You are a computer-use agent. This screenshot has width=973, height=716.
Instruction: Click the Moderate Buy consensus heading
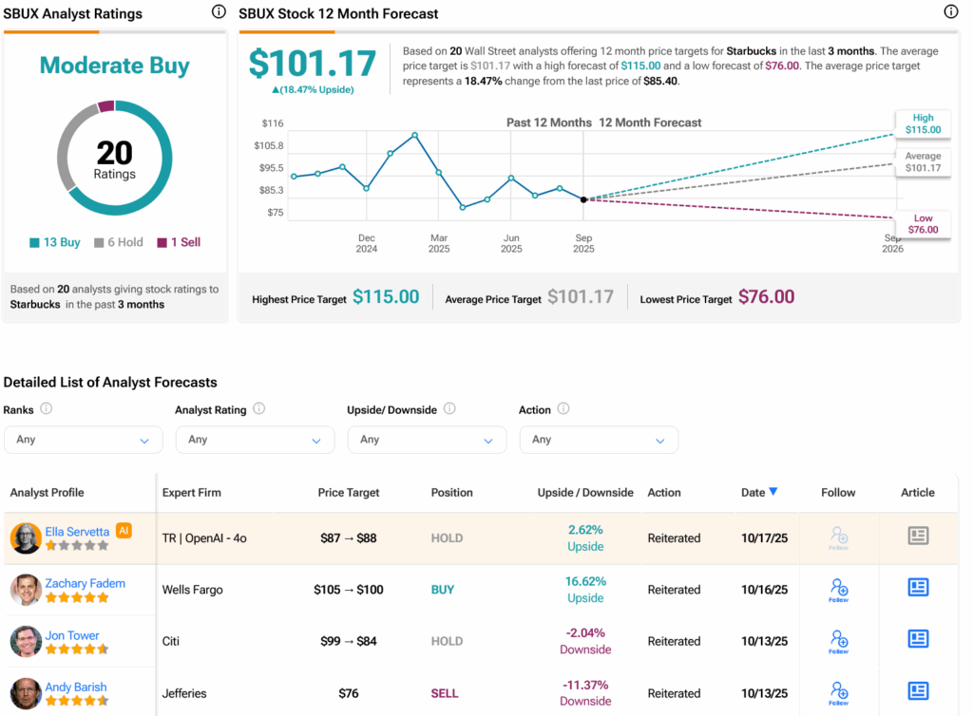(x=114, y=66)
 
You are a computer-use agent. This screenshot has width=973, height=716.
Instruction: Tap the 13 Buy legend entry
(x=55, y=242)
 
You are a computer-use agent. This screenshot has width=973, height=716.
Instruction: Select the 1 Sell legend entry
(x=179, y=242)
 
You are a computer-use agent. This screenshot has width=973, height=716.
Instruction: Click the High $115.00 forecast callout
(x=923, y=123)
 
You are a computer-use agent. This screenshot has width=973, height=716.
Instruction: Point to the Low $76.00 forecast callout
(x=923, y=223)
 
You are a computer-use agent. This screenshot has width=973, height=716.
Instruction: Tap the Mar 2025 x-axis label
(x=439, y=243)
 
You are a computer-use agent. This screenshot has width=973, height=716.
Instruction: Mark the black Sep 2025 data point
(x=583, y=199)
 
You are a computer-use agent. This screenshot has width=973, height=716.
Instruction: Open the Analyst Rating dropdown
(x=255, y=440)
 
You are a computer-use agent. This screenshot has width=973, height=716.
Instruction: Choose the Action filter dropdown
(x=599, y=440)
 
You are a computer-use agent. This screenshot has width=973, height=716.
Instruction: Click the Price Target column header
(x=349, y=493)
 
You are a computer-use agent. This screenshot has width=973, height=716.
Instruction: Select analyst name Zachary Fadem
(x=86, y=583)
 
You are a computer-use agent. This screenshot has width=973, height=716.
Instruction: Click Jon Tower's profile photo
(x=26, y=641)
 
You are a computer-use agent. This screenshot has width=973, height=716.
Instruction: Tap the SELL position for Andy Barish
(x=443, y=693)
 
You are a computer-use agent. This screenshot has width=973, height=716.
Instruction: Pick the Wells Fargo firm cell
(x=193, y=590)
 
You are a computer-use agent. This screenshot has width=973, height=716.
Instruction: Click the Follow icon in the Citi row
(x=838, y=641)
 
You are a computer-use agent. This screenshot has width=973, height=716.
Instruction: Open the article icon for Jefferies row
(x=918, y=691)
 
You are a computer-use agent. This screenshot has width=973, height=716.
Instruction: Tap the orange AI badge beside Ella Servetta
(x=124, y=531)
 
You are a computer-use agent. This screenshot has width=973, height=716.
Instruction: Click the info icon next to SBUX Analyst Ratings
(x=219, y=12)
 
